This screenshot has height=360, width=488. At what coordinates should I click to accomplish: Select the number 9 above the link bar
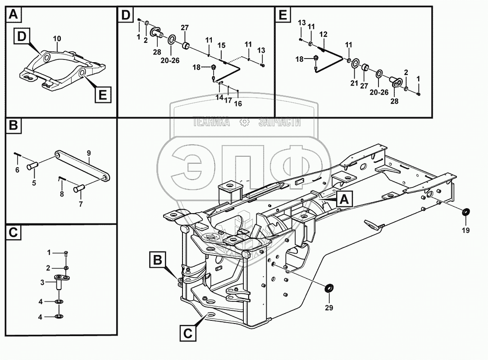coord(89,153)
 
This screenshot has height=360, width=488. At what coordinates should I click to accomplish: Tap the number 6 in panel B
coord(17,170)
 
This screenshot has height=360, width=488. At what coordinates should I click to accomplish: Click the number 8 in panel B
coord(62,194)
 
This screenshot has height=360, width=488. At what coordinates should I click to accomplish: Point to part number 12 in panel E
coord(323,34)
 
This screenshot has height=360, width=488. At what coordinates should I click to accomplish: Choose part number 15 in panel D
coord(221,46)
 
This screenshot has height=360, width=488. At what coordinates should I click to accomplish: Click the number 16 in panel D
coord(238,104)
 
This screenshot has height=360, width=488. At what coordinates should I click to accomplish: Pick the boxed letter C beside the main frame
coord(187,333)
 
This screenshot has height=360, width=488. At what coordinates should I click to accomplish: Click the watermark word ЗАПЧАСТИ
coord(279,122)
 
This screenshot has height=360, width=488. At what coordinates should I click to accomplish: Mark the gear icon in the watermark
coord(244,122)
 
